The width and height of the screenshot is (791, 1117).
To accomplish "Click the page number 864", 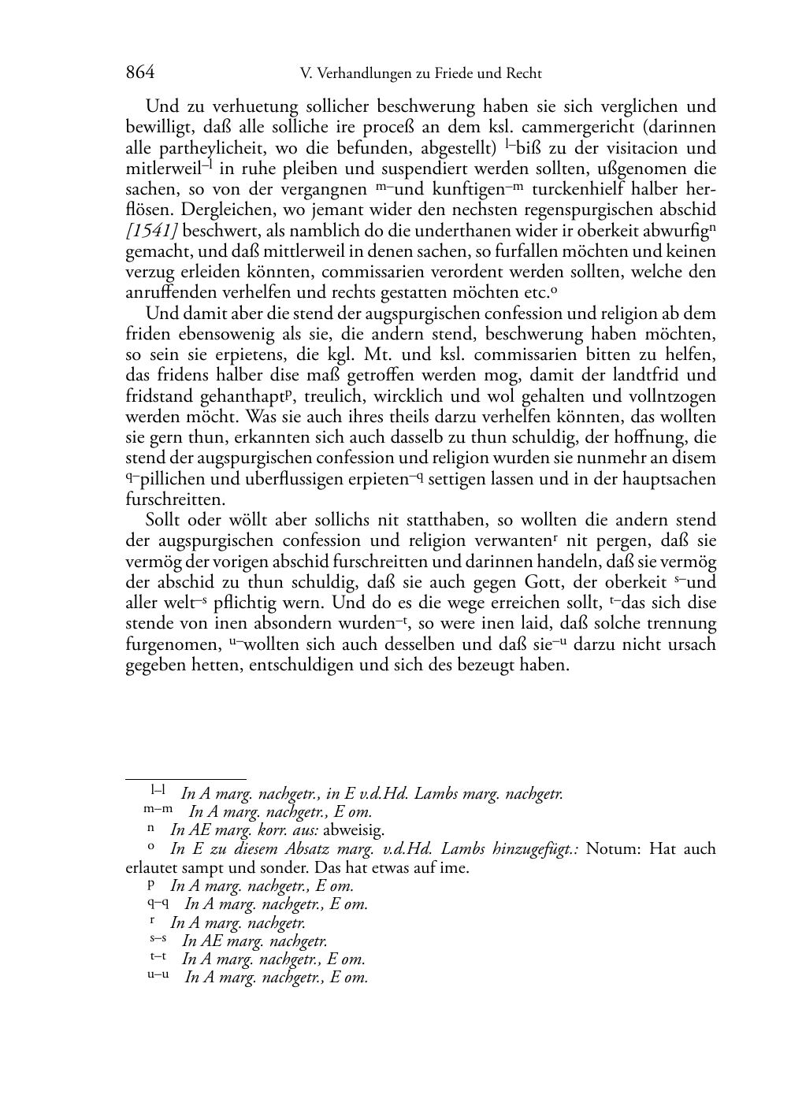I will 139,73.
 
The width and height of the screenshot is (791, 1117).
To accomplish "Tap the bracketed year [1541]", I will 151,231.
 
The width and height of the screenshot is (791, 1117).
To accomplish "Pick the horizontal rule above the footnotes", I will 186,779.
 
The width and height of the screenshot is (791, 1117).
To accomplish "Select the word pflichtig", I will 275,603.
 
